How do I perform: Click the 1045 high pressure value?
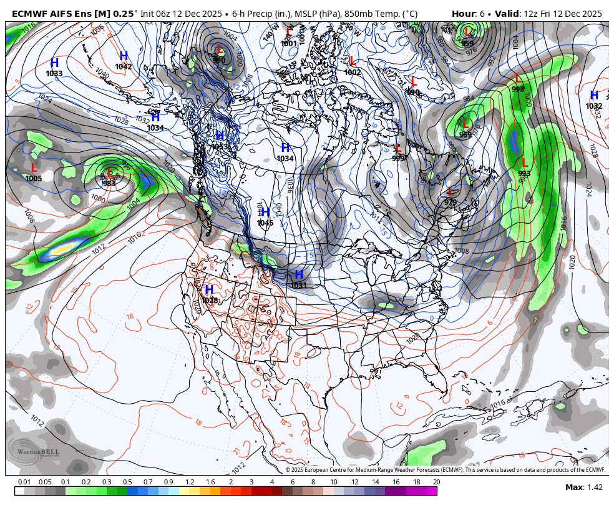click(x=265, y=223)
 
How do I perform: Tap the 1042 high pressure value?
click(x=124, y=67)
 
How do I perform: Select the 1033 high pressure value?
click(x=54, y=74)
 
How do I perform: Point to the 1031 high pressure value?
click(x=299, y=286)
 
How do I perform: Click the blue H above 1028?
click(x=209, y=289)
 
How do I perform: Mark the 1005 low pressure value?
click(x=34, y=179)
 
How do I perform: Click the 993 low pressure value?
click(x=524, y=174)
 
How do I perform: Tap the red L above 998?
click(x=518, y=79)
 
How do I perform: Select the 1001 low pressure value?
click(x=289, y=44)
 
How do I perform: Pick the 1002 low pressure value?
click(x=353, y=72)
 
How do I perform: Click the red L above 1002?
click(x=352, y=61)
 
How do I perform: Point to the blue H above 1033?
click(x=54, y=63)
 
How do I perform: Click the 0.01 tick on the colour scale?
click(x=25, y=482)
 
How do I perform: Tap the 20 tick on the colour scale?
click(x=436, y=482)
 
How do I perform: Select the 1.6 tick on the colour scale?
click(x=210, y=482)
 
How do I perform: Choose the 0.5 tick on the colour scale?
click(x=127, y=482)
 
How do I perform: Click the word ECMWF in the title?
click(x=29, y=14)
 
